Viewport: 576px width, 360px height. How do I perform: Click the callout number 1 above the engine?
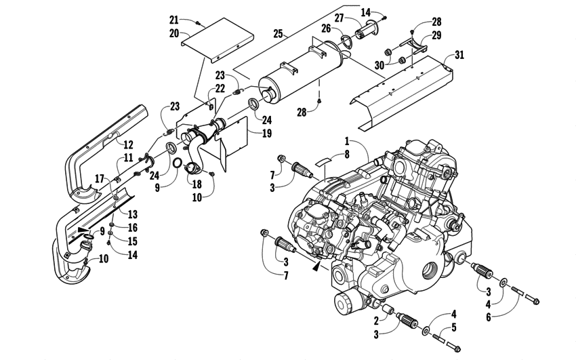pyautogui.click(x=346, y=142)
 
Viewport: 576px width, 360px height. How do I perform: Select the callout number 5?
pyautogui.click(x=453, y=329)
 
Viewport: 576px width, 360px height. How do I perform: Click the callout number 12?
pyautogui.click(x=127, y=144)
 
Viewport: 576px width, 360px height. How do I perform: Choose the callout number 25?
pyautogui.click(x=278, y=32)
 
